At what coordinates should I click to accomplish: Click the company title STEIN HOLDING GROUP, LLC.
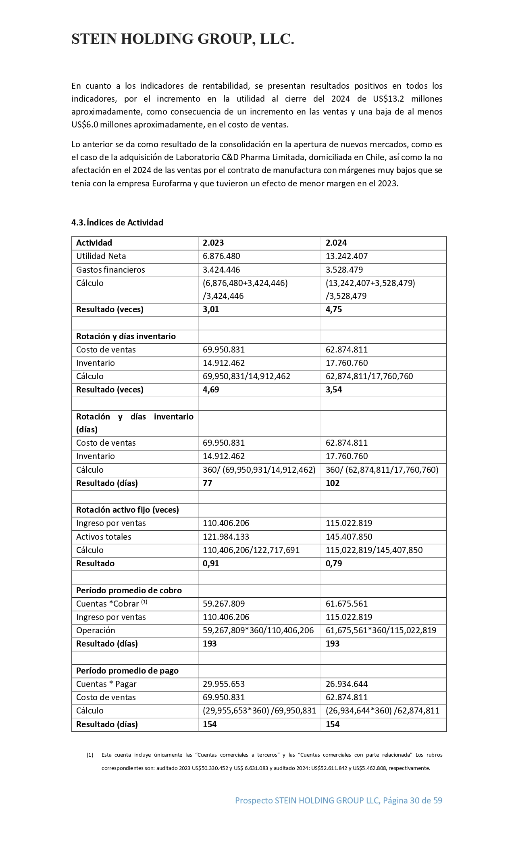[x=183, y=39]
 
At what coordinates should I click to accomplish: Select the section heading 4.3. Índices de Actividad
[x=117, y=223]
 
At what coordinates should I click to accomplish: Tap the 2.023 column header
[x=213, y=243]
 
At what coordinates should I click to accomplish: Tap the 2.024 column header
[x=336, y=243]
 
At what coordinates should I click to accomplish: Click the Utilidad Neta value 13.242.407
[x=347, y=256]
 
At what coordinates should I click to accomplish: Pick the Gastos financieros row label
[x=110, y=270]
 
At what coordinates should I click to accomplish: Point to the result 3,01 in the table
[x=211, y=310]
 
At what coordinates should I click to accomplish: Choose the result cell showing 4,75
[x=334, y=310]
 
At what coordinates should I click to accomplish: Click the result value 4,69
[x=211, y=390]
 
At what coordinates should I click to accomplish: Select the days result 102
[x=333, y=483]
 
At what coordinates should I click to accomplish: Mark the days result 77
[x=208, y=483]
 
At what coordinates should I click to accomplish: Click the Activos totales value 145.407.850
[x=349, y=537]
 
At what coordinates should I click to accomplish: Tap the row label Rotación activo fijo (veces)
[x=127, y=510]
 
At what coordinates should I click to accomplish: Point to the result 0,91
[x=211, y=563]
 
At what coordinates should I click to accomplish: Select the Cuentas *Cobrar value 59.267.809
[x=224, y=604]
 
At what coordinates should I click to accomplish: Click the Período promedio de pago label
[x=127, y=671]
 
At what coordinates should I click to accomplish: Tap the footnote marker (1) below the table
[x=90, y=755]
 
